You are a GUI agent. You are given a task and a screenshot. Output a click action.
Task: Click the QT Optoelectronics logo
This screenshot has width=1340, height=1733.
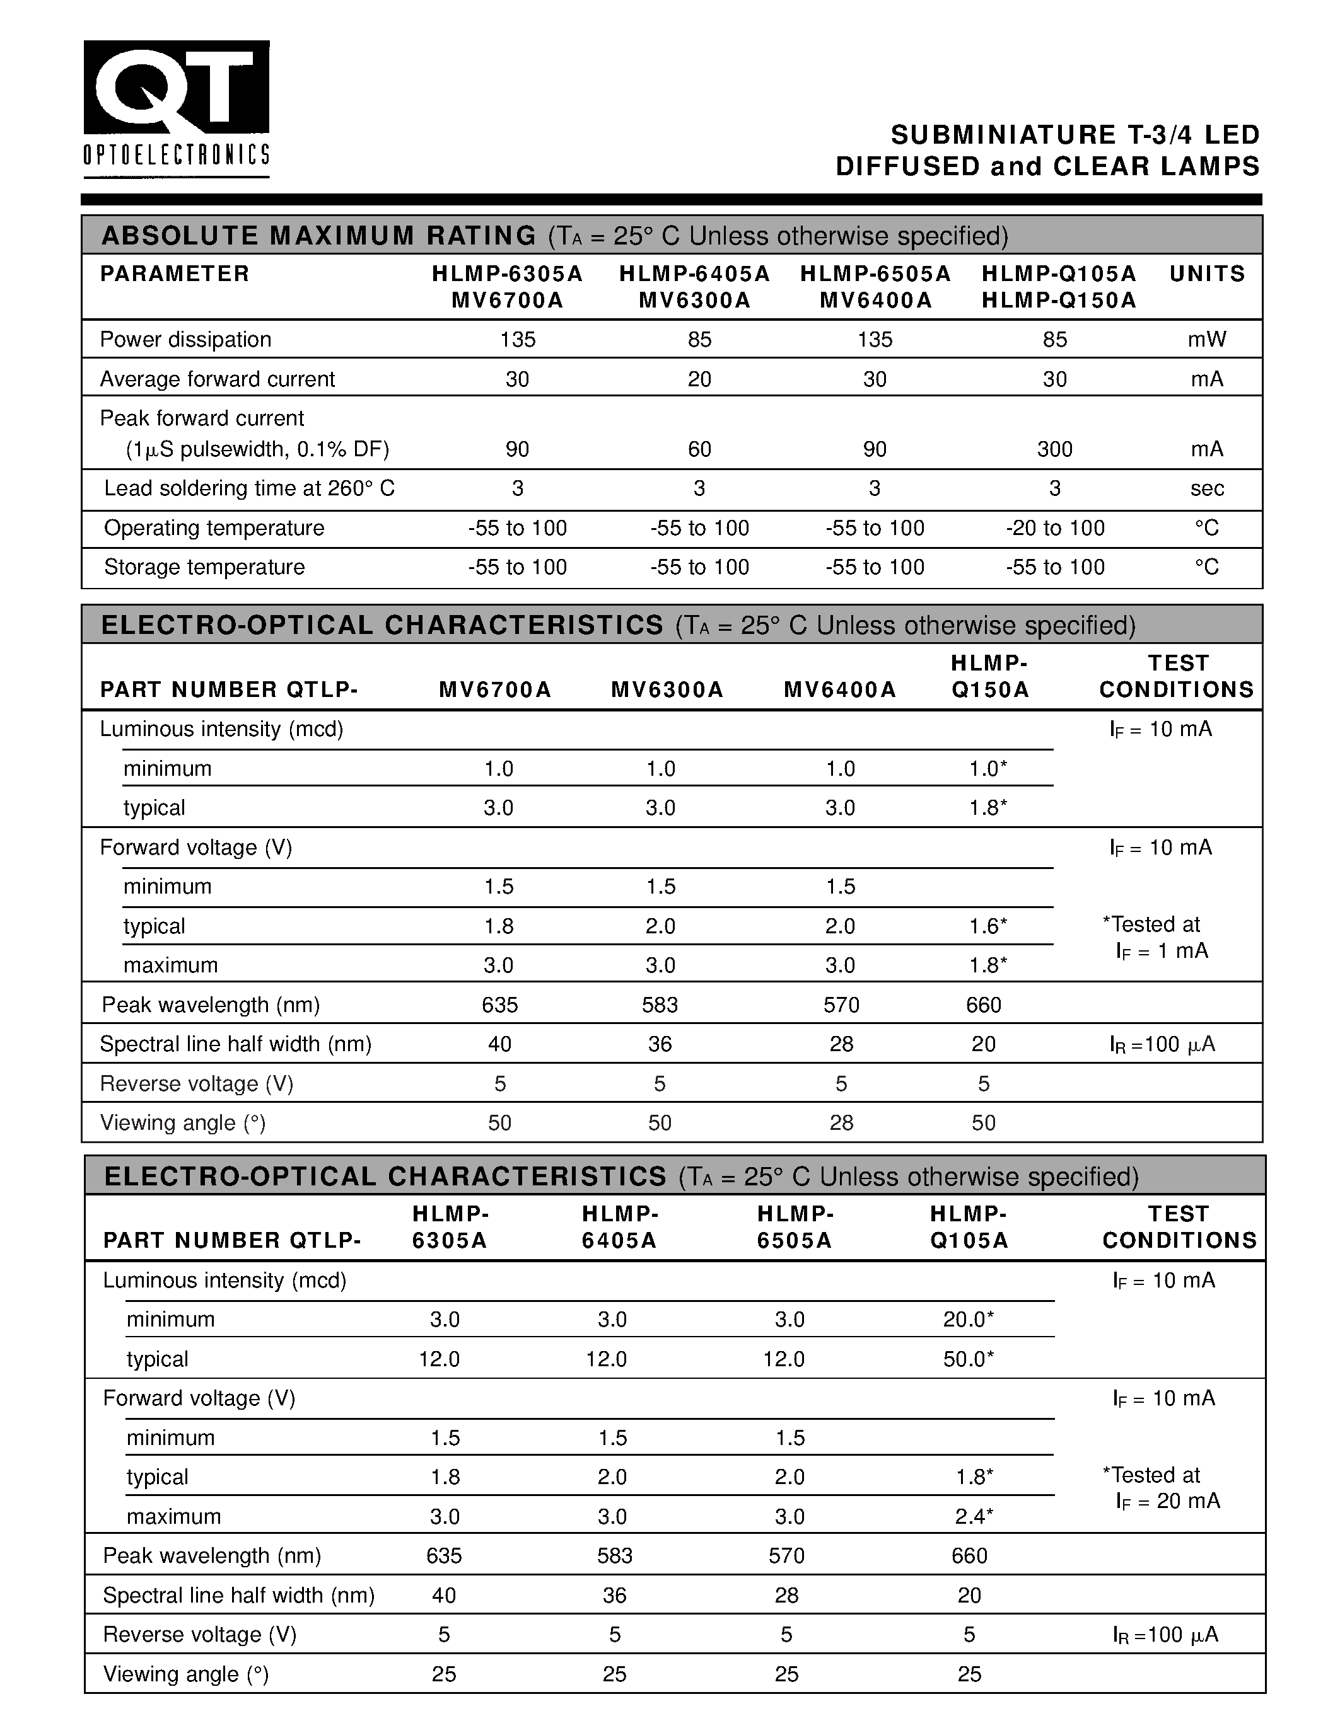176,109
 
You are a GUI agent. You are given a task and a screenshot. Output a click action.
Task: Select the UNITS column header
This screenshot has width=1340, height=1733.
1207,273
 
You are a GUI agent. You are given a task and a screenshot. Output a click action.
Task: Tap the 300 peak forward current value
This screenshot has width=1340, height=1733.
1054,449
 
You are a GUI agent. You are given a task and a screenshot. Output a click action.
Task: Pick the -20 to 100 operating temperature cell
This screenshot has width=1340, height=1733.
1054,527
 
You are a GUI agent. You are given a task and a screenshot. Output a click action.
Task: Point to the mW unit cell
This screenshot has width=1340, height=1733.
1207,340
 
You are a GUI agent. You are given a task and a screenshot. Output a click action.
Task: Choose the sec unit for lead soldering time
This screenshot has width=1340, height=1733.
1207,488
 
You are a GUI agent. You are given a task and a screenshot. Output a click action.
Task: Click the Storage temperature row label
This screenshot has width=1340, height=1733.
204,567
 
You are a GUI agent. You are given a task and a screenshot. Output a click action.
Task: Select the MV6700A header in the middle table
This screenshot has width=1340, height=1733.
494,689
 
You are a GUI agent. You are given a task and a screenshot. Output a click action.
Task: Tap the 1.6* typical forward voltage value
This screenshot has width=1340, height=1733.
988,926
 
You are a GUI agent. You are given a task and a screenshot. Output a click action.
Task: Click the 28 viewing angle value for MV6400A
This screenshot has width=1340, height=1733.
841,1123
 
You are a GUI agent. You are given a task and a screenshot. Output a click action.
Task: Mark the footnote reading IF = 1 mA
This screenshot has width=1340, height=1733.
1162,950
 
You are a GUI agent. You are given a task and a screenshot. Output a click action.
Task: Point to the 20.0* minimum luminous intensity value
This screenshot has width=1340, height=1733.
969,1319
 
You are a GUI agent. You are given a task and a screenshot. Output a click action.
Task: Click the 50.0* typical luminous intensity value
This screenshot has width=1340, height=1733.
969,1359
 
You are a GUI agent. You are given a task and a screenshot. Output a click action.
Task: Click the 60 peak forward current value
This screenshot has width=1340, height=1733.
699,449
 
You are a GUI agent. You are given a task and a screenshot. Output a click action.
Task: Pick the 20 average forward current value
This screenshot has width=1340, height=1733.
699,379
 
